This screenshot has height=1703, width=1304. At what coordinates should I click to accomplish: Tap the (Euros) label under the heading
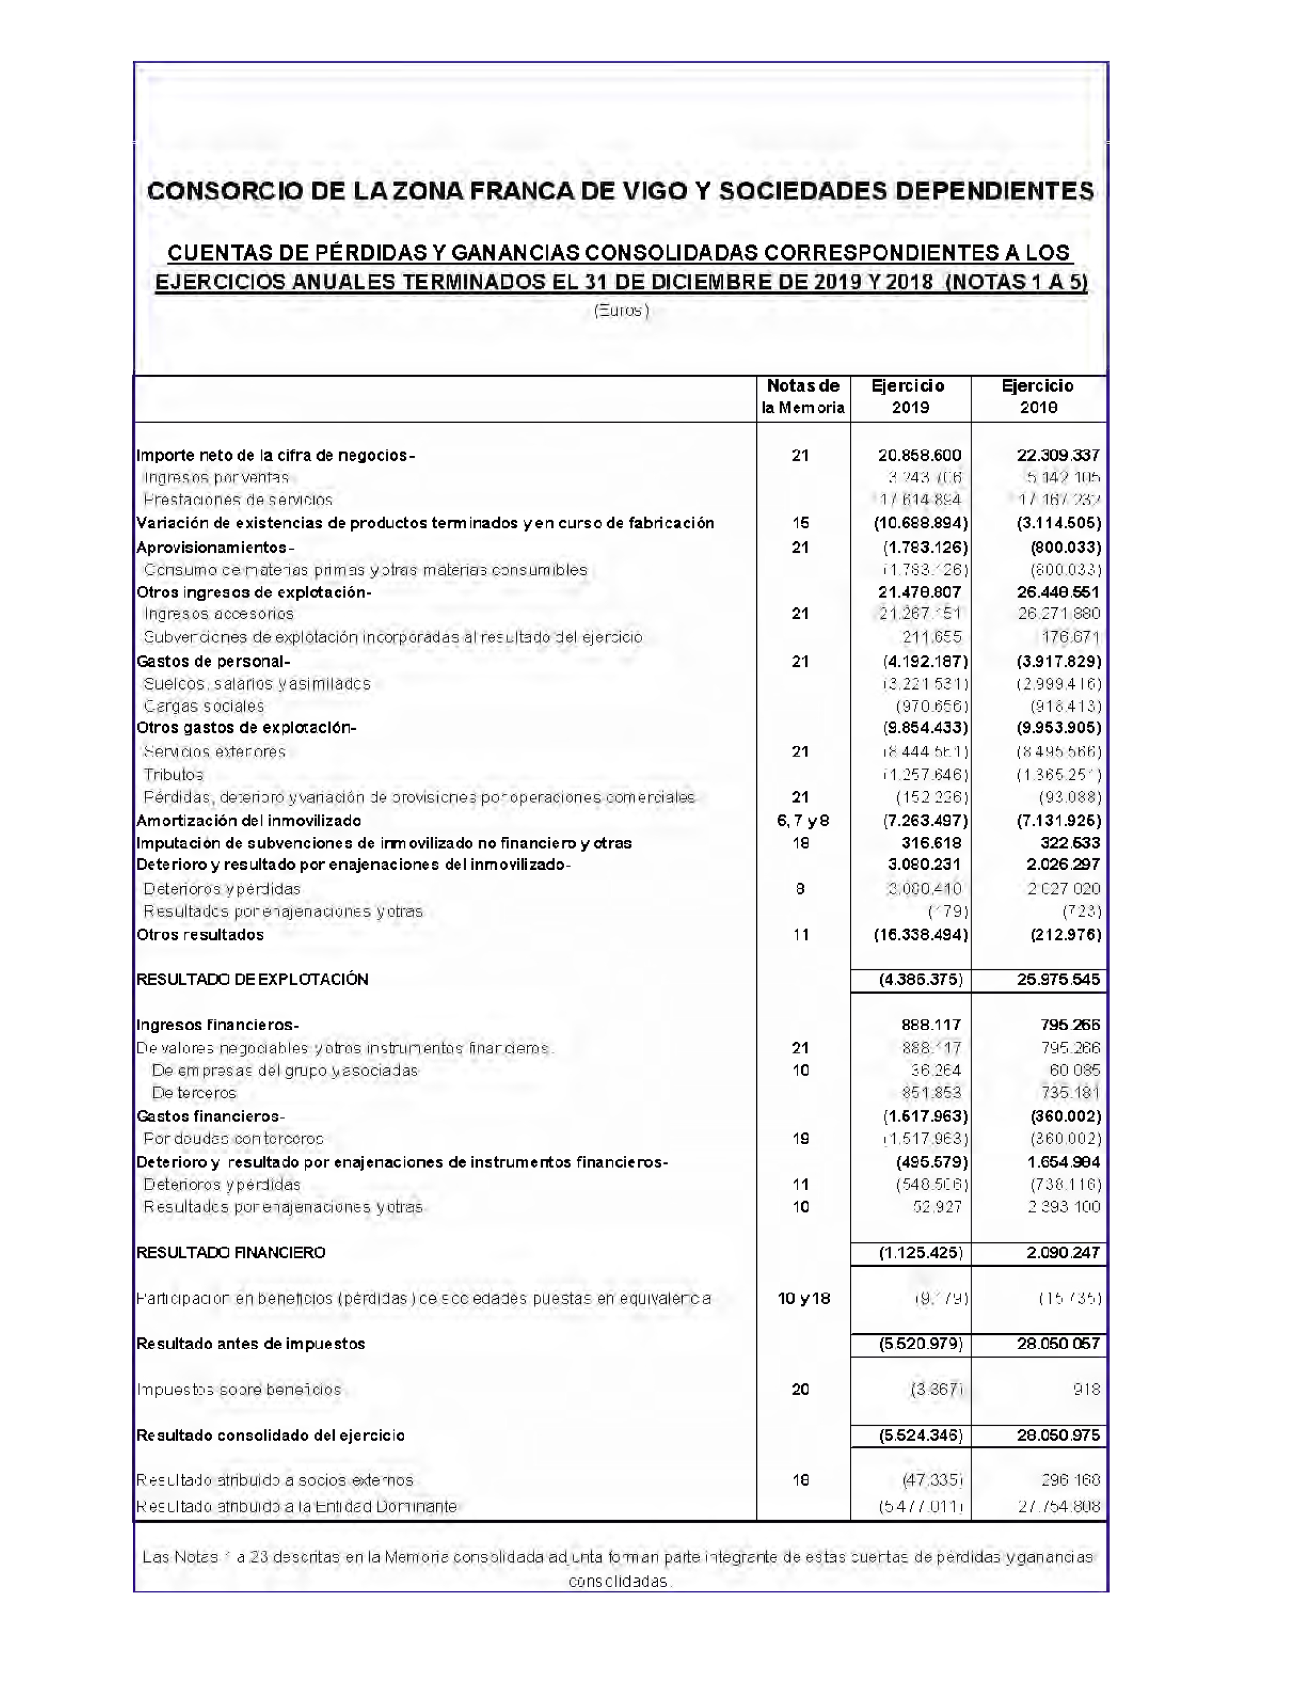621,310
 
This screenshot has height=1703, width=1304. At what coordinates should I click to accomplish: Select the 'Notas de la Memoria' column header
803,397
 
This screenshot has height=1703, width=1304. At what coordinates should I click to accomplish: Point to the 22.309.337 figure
1058,456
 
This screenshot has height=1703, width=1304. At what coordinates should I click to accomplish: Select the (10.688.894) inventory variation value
921,523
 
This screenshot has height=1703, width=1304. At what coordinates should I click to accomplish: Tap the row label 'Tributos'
173,775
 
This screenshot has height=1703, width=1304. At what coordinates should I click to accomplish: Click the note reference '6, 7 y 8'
803,820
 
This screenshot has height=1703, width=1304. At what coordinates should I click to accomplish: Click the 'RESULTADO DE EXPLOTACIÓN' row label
252,980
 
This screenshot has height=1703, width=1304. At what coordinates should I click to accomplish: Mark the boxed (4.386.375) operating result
921,980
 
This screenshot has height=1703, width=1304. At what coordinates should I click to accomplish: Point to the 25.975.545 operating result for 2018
1058,980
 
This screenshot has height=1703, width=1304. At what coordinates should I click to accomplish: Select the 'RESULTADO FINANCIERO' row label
231,1253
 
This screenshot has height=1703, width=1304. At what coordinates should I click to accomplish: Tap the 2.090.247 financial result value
1062,1253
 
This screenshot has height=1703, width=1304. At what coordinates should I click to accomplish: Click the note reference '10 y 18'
803,1299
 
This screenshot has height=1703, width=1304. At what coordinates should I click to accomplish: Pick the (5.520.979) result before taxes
921,1344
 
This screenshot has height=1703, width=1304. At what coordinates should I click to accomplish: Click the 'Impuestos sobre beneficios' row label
239,1390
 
